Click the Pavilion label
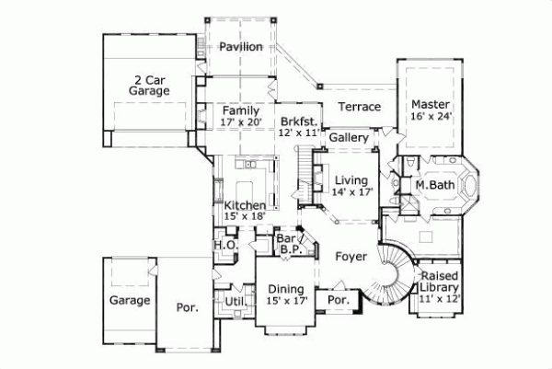click(x=241, y=47)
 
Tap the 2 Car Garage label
click(x=148, y=86)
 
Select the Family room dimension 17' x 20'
click(x=241, y=121)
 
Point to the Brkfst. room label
click(x=298, y=121)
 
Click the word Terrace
click(x=359, y=107)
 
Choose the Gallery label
click(x=350, y=138)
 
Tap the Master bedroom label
click(x=430, y=104)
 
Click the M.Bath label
click(x=431, y=184)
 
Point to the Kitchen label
click(x=246, y=204)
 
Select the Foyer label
click(x=351, y=256)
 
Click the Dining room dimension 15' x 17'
click(x=285, y=301)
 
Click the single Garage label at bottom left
click(x=130, y=301)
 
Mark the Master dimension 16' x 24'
click(x=430, y=117)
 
